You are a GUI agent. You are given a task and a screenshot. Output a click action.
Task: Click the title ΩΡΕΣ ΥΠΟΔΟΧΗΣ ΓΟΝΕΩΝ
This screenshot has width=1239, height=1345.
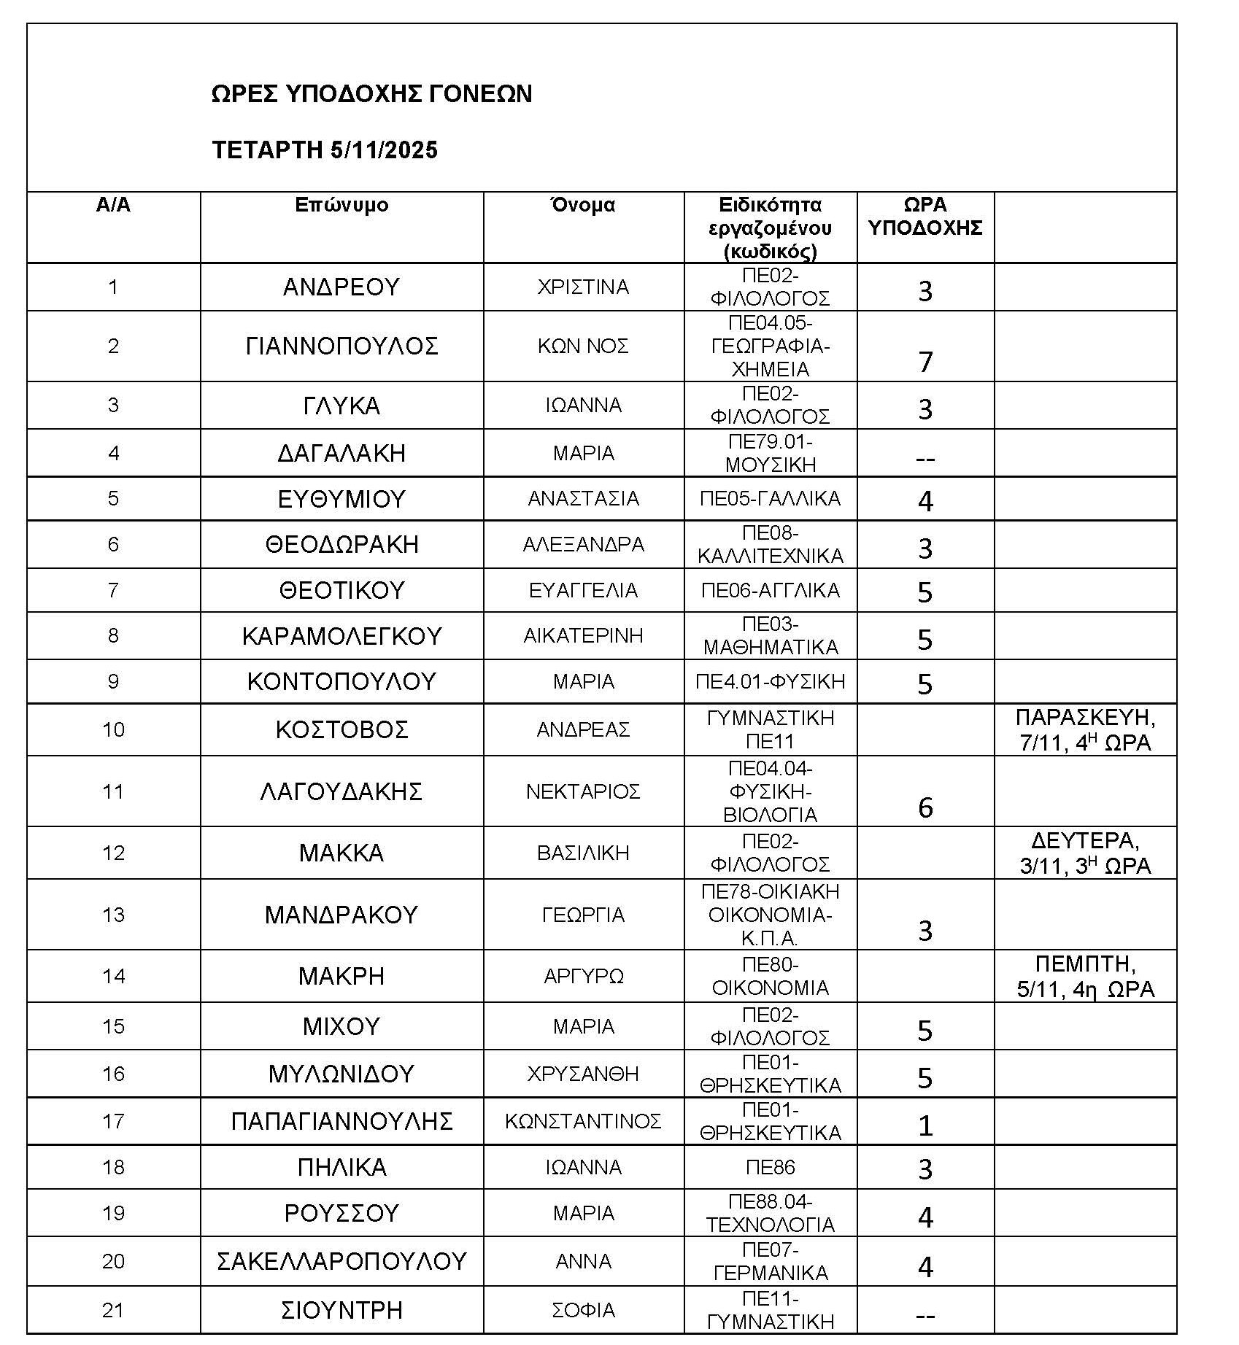(x=371, y=94)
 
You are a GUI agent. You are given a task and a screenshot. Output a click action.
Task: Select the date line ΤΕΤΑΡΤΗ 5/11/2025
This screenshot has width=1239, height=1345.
(x=325, y=150)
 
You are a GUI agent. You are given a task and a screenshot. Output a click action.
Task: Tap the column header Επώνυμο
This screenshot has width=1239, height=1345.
(x=341, y=205)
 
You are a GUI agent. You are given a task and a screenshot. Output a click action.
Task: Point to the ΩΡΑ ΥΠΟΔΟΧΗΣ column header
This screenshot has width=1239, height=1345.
(x=925, y=216)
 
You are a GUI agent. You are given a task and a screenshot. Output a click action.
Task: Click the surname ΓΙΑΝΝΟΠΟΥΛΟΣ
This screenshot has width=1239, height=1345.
(x=341, y=346)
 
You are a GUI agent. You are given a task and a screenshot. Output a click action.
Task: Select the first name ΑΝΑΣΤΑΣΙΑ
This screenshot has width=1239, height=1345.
(x=583, y=499)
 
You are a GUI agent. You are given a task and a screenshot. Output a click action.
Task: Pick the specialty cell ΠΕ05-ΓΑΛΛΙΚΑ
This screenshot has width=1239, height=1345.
(x=770, y=499)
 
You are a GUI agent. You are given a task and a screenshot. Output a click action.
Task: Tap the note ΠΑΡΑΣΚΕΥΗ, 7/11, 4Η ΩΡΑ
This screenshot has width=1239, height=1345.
(x=1085, y=730)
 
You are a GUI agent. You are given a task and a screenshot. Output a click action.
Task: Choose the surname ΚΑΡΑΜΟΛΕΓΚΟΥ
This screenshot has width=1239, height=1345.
(x=341, y=636)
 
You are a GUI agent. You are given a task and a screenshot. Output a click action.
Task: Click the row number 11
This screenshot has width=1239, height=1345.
(x=113, y=791)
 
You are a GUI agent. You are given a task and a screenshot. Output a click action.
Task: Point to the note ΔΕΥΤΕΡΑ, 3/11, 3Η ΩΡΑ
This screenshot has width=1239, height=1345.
(x=1085, y=853)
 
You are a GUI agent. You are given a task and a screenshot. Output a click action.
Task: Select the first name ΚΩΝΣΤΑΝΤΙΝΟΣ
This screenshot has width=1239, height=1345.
(x=583, y=1121)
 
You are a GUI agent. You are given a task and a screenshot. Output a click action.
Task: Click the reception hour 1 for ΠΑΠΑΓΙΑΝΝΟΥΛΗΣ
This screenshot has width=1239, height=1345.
(x=925, y=1126)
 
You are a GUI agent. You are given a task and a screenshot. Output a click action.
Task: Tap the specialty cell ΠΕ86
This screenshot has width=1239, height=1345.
(x=770, y=1168)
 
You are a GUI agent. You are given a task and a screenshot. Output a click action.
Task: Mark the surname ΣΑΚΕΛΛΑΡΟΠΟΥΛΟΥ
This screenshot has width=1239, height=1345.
(x=341, y=1262)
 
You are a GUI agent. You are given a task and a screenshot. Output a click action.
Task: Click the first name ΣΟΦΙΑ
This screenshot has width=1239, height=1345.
(x=583, y=1310)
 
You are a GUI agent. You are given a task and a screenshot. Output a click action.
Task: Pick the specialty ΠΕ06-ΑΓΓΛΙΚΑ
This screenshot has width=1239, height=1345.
(x=770, y=590)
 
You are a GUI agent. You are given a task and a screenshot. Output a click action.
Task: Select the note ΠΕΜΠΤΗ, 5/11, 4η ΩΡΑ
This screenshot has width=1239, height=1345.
(x=1085, y=977)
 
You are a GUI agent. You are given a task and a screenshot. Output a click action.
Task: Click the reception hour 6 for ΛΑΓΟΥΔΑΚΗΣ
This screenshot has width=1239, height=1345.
(x=925, y=807)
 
